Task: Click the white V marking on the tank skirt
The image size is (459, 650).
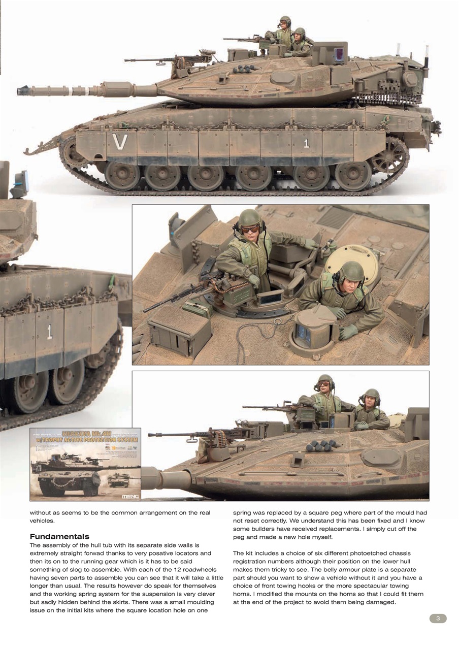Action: [120, 142]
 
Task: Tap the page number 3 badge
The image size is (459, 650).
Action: [438, 618]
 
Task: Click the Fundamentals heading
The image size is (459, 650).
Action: [59, 536]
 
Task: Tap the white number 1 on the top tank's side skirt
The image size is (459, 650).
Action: [306, 144]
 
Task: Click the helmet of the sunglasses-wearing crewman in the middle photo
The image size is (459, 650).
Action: [250, 217]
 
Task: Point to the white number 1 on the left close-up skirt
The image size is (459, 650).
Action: [49, 332]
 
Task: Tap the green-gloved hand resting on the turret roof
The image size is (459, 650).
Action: [349, 332]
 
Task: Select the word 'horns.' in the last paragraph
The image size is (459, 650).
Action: [245, 594]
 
